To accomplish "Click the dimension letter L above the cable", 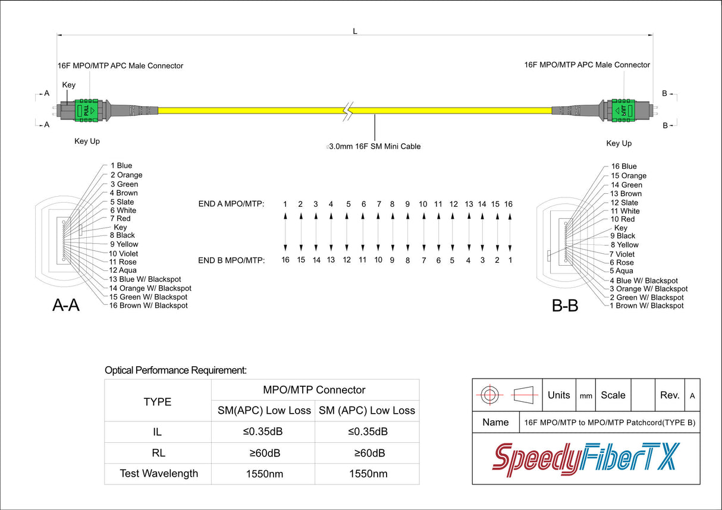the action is click(355, 32).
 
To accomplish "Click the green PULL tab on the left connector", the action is click(86, 110).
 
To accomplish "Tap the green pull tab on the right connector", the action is click(623, 111).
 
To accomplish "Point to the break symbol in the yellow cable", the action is click(348, 111).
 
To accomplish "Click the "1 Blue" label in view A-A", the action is click(121, 166).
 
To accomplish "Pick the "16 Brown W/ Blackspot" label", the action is click(148, 306).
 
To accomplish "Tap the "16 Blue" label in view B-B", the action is click(624, 166).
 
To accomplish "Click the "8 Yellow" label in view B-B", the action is click(624, 245).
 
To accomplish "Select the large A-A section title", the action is click(66, 305).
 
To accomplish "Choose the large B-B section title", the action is click(565, 306).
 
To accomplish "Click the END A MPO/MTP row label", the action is click(231, 204).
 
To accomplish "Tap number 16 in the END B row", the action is click(285, 260).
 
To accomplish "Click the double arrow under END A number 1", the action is click(285, 232).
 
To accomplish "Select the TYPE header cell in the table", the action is click(157, 402).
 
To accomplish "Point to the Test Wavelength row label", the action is click(159, 473).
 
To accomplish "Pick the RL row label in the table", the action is click(158, 453).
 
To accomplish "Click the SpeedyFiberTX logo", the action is click(586, 459).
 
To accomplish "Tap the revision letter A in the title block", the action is click(692, 396).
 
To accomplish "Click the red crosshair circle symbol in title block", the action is click(489, 395).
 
